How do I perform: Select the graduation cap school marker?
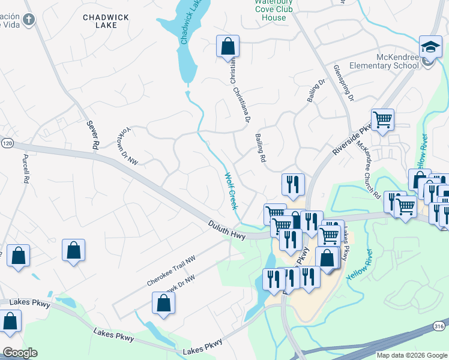tap(429, 47)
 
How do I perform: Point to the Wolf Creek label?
tap(230, 191)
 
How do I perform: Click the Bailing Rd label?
tap(261, 148)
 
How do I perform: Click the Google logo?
tap(20, 353)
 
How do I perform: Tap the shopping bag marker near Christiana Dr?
tap(228, 46)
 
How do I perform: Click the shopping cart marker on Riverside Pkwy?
tap(382, 119)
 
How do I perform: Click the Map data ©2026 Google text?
tap(412, 355)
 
